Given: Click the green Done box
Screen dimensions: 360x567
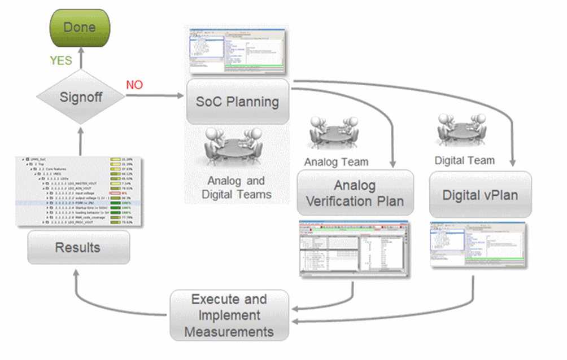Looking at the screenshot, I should point(80,27).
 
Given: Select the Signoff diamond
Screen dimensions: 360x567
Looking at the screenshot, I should point(81,96).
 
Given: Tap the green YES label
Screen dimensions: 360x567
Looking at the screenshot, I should point(60,60).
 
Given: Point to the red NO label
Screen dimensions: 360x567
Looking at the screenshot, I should point(134,85).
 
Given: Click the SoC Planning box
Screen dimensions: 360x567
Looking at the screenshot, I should point(238,102).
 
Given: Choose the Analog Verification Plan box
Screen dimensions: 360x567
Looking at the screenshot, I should point(355,193).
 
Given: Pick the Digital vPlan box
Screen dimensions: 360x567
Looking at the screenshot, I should point(481,195).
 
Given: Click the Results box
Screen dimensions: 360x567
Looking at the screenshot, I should point(78,247).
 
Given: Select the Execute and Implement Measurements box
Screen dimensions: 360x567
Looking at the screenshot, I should point(229,315).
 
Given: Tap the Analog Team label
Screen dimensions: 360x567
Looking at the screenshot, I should point(336,162).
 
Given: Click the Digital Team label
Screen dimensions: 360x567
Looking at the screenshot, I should point(464,161).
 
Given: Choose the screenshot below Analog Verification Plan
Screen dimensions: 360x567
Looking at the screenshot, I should point(355,249).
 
